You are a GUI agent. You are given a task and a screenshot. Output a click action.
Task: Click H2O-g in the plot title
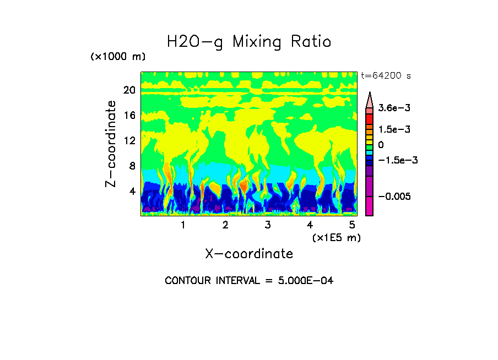[x=194, y=42]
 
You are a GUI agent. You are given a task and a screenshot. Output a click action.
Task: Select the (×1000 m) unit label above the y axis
[x=118, y=57]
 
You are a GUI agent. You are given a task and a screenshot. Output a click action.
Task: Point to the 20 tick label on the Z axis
[x=129, y=90]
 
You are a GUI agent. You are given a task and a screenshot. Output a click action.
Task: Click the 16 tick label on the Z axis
[x=129, y=116]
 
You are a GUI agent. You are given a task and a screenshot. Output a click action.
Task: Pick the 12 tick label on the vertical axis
[x=129, y=141]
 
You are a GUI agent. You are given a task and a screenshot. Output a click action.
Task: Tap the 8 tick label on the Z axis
[x=132, y=166]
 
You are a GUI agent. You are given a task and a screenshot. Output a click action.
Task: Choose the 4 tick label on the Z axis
[x=132, y=192]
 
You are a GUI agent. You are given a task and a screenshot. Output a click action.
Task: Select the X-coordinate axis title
[x=249, y=254]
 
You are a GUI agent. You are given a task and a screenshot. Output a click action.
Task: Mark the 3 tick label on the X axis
[x=267, y=225]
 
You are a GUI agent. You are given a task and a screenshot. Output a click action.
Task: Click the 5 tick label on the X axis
[x=352, y=225]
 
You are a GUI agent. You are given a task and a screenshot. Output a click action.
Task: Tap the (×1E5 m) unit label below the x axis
[x=336, y=237]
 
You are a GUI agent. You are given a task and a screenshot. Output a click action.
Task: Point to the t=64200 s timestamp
[x=386, y=75]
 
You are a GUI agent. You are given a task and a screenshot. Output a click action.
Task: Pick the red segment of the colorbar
[x=369, y=118]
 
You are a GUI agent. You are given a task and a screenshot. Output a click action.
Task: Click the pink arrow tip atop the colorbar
[x=370, y=100]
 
